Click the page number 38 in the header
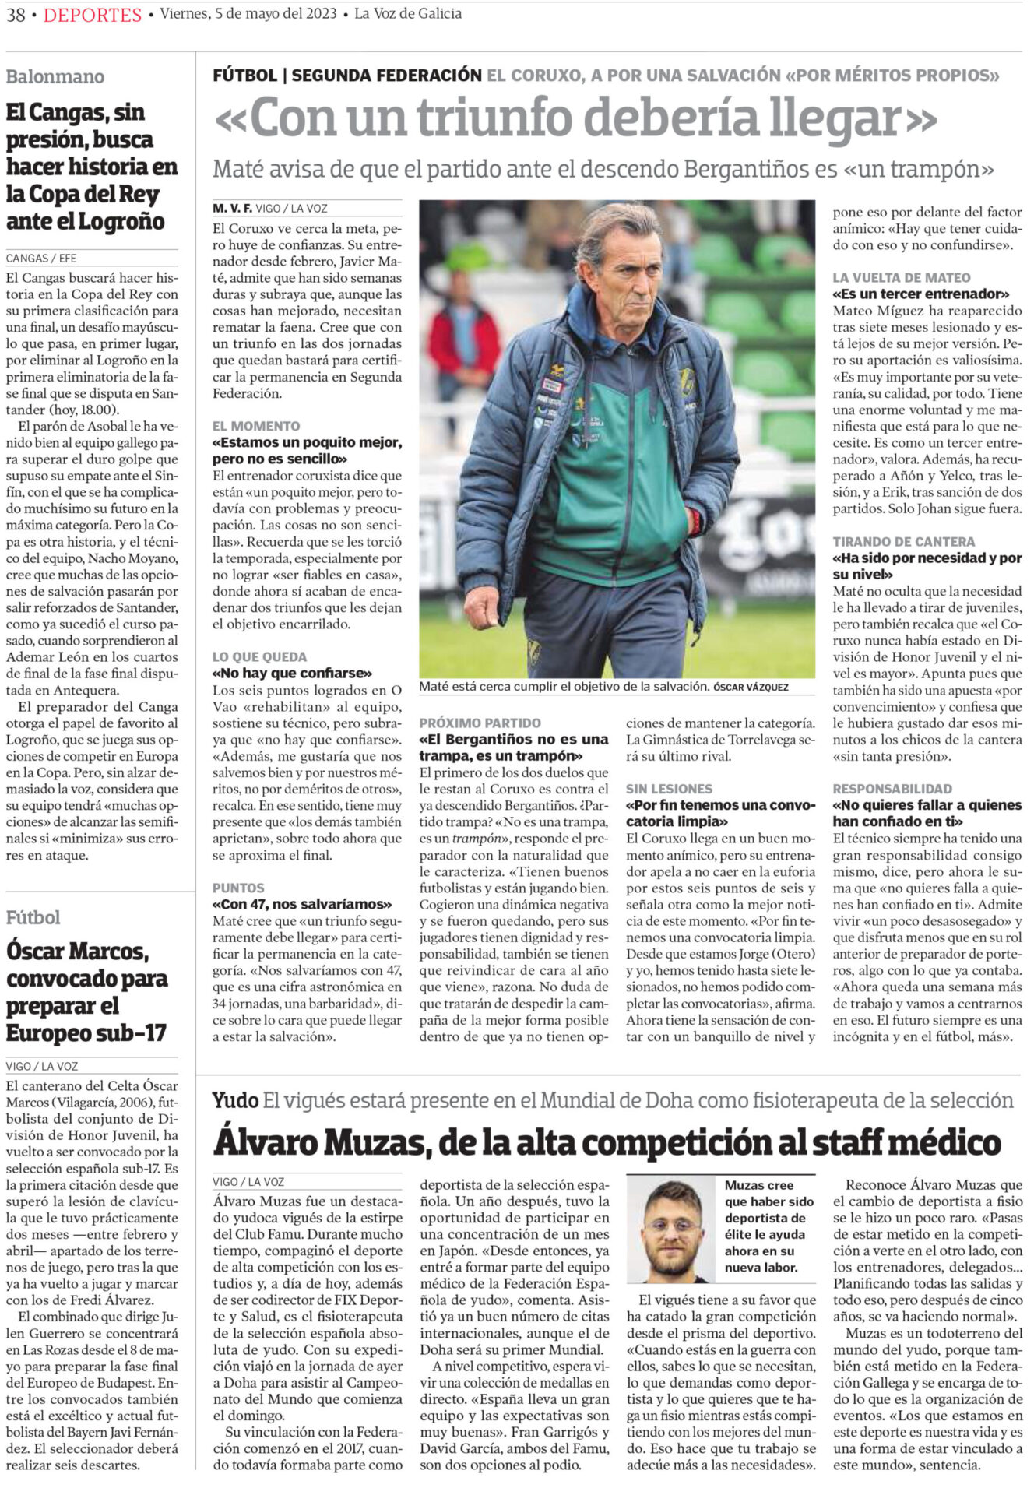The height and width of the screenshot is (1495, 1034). [x=16, y=15]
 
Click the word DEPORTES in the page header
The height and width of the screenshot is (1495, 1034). [x=93, y=15]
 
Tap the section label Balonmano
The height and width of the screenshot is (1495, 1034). [x=55, y=76]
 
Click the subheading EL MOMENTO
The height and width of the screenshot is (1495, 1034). [x=256, y=426]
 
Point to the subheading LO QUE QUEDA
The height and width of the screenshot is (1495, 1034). [x=260, y=656]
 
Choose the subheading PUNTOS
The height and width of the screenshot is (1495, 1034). [x=238, y=888]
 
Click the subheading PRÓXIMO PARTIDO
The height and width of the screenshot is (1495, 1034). [x=480, y=723]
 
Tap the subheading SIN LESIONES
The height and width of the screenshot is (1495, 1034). [x=669, y=789]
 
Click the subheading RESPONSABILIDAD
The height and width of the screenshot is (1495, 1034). [x=892, y=789]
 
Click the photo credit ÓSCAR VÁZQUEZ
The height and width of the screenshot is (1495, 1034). [x=751, y=688]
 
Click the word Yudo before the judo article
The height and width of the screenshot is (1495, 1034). [x=235, y=1100]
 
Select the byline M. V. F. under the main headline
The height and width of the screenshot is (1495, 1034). [x=232, y=209]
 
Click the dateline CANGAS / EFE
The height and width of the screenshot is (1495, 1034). [x=41, y=258]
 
